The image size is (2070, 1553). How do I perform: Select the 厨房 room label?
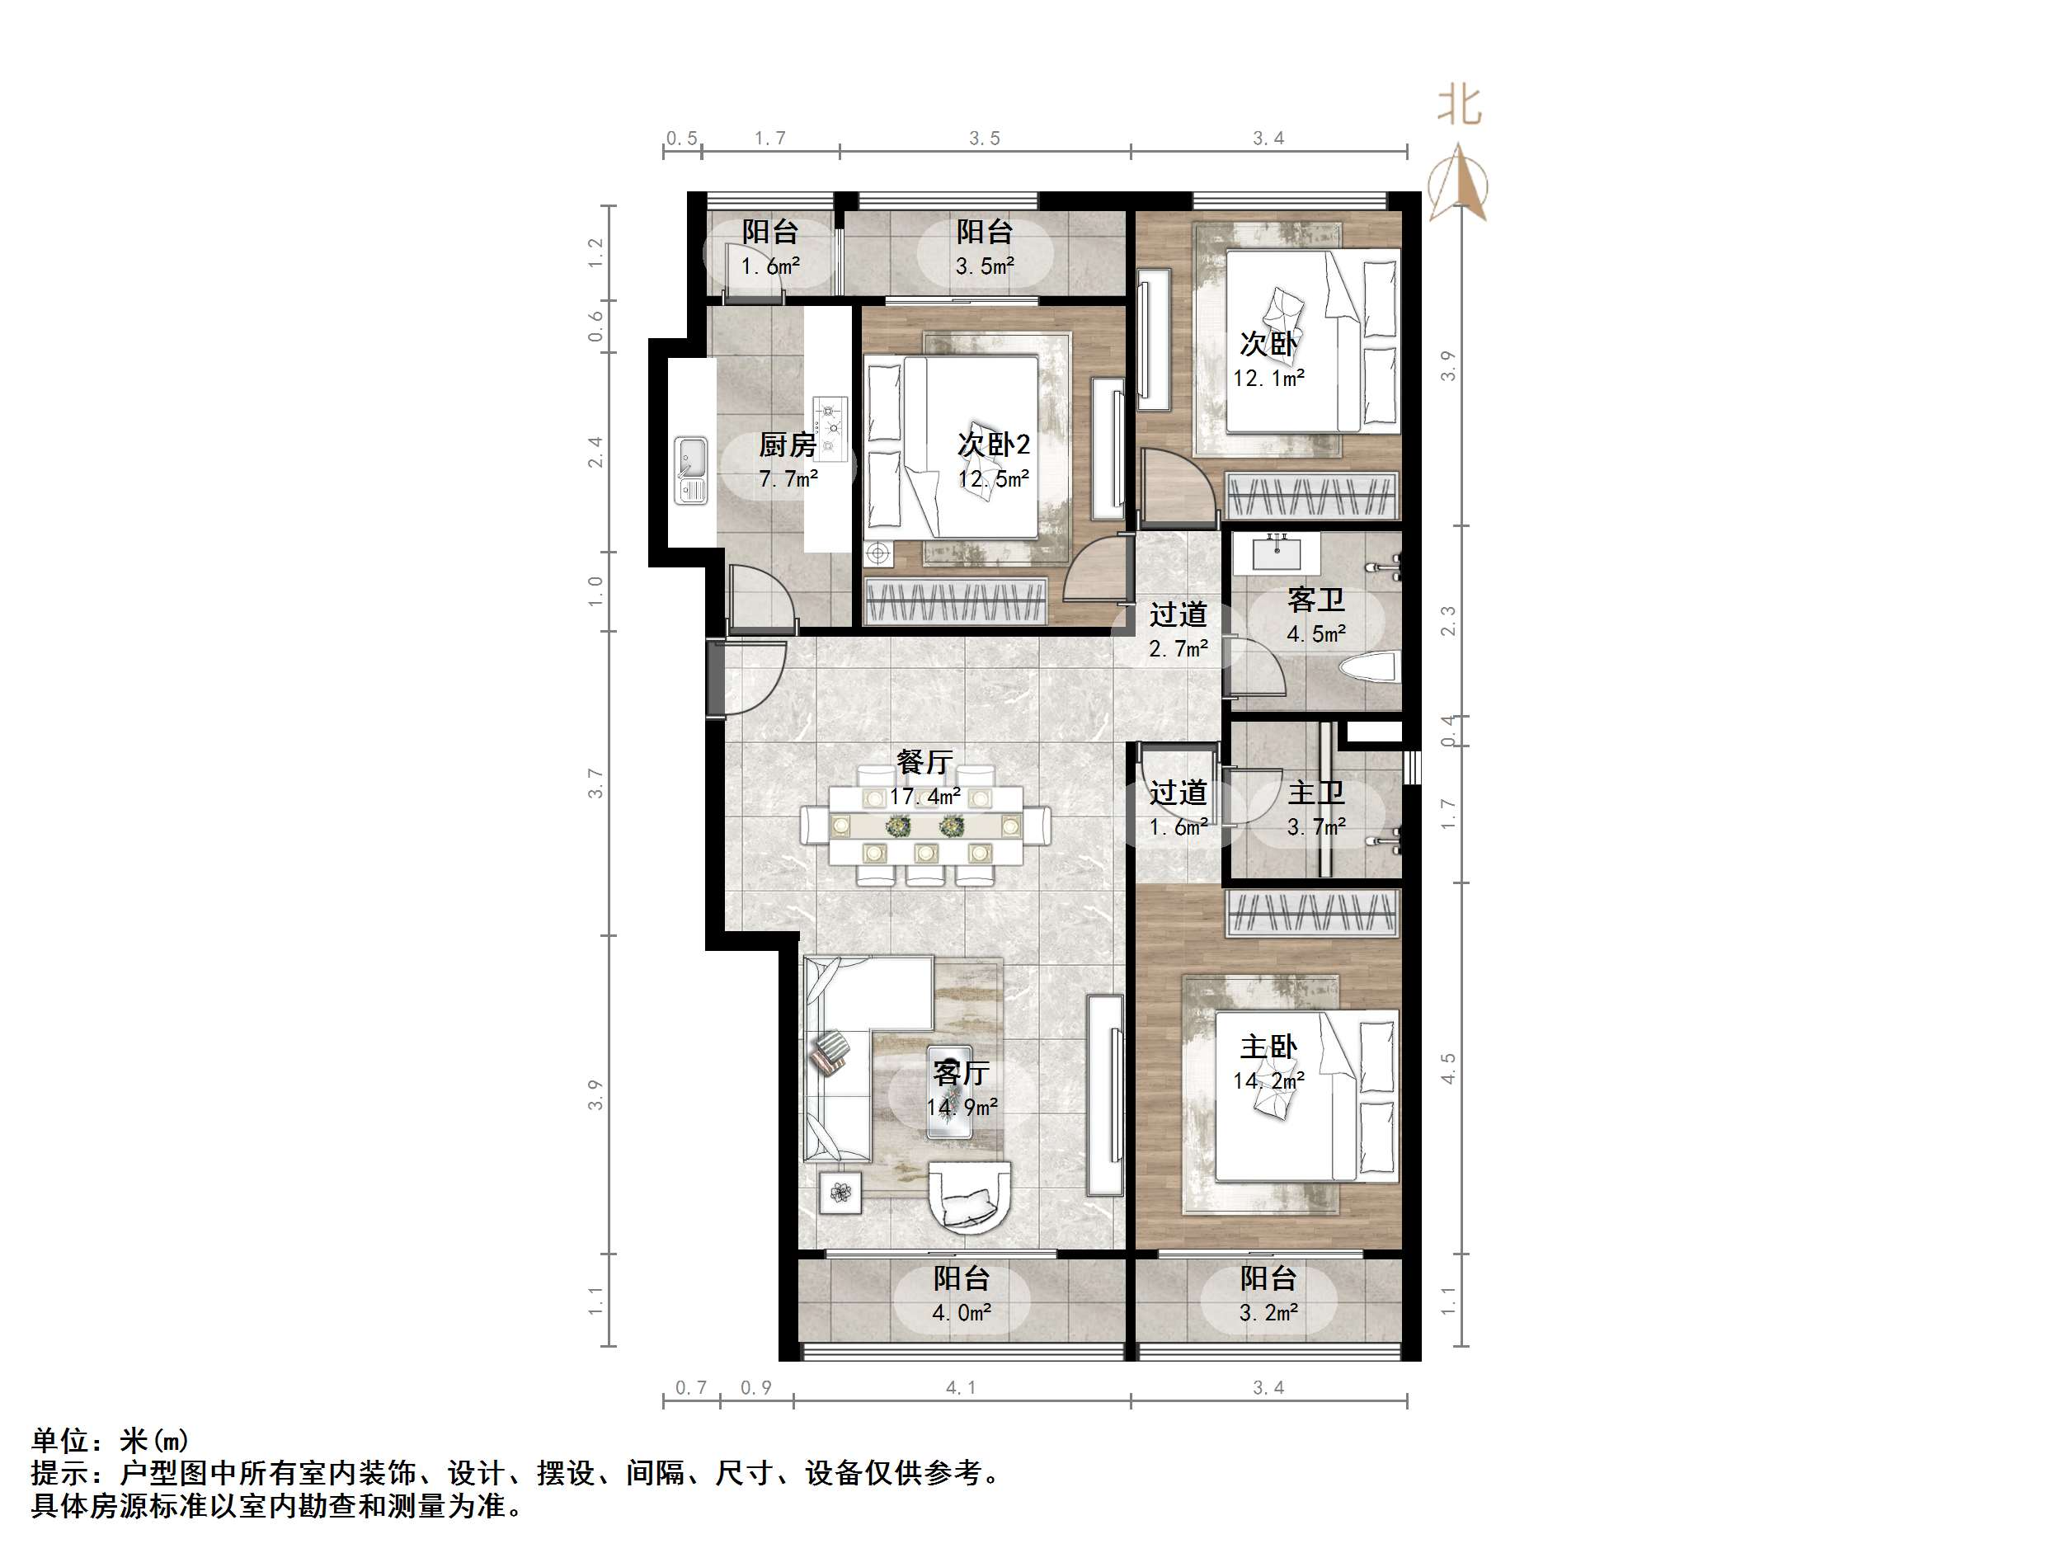787,445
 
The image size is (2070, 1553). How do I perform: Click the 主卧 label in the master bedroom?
1268,1047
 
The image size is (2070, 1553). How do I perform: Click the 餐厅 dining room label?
924,761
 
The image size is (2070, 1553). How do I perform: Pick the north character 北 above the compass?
1459,106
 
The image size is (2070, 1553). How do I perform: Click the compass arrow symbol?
1458,183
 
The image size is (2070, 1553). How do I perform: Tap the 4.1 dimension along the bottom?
960,1387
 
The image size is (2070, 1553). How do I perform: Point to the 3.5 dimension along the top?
985,139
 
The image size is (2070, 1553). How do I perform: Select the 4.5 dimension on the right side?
1447,1068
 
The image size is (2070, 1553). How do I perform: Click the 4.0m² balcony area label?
961,1312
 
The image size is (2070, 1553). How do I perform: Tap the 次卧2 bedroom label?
993,445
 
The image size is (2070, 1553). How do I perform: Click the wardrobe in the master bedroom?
1312,913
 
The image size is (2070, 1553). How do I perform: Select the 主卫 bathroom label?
1315,793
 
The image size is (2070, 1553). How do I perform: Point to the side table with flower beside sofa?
840,1193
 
